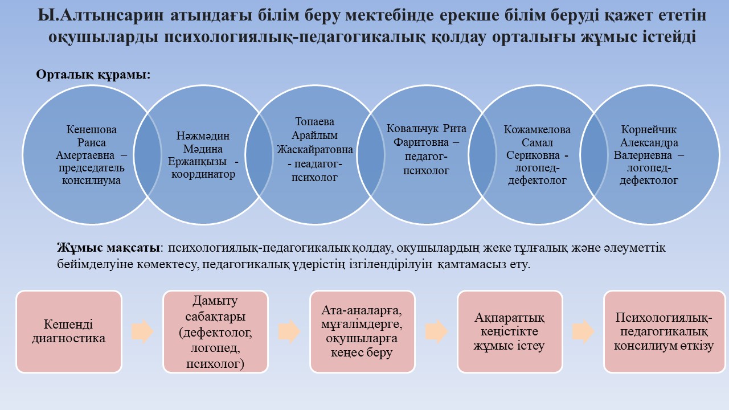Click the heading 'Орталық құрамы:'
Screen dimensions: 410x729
click(x=93, y=75)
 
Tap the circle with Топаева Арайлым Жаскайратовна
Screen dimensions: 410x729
click(x=314, y=150)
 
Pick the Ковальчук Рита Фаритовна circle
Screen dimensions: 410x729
click(x=426, y=149)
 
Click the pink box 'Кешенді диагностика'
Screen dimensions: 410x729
click(x=69, y=331)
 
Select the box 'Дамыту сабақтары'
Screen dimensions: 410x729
click(x=215, y=331)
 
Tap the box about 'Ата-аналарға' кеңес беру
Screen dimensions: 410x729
click(x=362, y=331)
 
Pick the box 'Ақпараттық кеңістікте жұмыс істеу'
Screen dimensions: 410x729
click(x=510, y=331)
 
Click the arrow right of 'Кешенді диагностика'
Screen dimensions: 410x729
click(x=142, y=331)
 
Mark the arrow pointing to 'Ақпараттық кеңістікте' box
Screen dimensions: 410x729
click(x=436, y=331)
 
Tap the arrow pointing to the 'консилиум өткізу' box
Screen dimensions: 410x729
click(x=583, y=331)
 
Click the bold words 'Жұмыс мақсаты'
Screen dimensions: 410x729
click(x=108, y=248)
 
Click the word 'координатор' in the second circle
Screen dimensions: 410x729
click(x=204, y=174)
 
